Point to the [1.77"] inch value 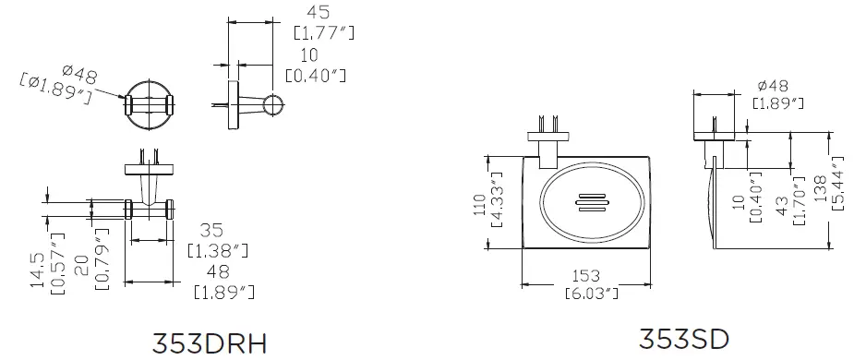point(323,33)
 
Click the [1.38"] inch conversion point(218,250)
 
